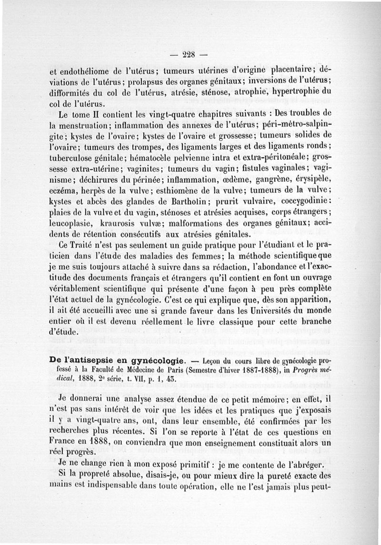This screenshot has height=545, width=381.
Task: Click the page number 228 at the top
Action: (190, 54)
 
